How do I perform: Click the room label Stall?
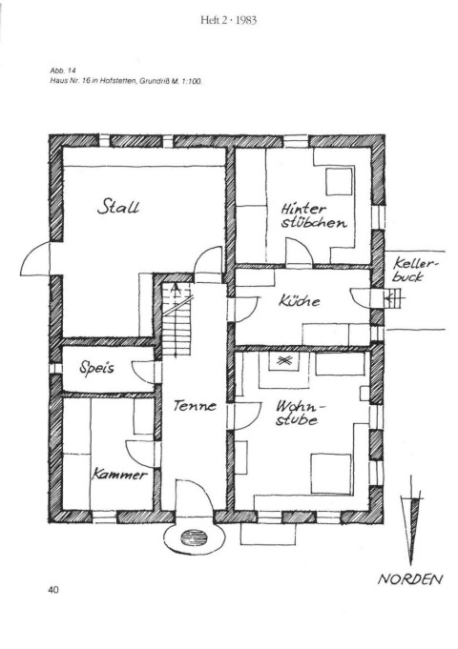coord(118,207)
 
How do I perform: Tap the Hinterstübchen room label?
coord(314,215)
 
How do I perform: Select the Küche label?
coord(300,300)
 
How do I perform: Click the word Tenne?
coord(195,405)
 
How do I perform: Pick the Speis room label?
coord(96,367)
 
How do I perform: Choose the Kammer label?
coord(119,474)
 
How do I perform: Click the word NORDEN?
coord(410,578)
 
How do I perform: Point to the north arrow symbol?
coord(411,520)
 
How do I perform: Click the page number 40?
coord(53,590)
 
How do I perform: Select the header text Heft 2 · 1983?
coord(228,20)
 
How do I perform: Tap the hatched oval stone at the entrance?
coord(193,538)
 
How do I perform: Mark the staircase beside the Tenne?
coord(177,318)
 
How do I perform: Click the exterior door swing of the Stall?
coord(34,258)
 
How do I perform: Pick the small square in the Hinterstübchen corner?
coord(339,181)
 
